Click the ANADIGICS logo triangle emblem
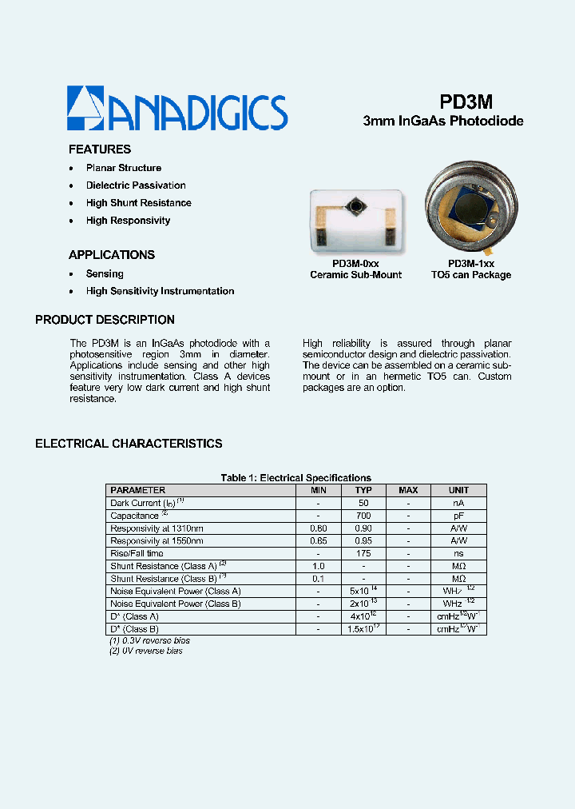[x=84, y=109]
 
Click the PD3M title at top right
[x=466, y=102]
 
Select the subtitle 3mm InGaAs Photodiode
[x=443, y=122]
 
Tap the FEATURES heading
[x=100, y=149]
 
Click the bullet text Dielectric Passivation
[x=136, y=185]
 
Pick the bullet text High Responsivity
[x=128, y=221]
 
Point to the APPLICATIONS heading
[x=112, y=255]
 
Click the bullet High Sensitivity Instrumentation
[x=160, y=292]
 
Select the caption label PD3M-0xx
[x=355, y=264]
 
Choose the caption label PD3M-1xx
[x=471, y=264]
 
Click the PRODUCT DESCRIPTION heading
[x=105, y=320]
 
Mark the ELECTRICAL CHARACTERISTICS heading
[x=129, y=444]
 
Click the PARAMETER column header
[x=138, y=490]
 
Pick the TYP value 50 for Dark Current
[x=363, y=503]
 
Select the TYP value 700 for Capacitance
[x=363, y=516]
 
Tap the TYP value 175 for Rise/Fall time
[x=363, y=553]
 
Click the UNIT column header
[x=458, y=490]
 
